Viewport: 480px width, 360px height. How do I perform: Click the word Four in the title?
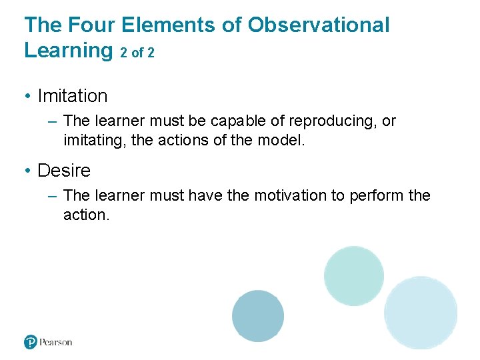click(x=86, y=25)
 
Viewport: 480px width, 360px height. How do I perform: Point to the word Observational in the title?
click(x=319, y=25)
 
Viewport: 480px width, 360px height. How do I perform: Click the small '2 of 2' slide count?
click(x=137, y=53)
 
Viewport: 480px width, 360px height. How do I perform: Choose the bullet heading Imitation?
click(x=73, y=96)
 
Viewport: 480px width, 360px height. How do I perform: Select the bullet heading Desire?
click(x=64, y=171)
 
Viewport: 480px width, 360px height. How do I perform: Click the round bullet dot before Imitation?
click(x=27, y=97)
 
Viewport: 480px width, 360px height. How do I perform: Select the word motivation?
click(x=291, y=196)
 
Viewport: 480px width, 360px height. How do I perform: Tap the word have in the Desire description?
click(x=205, y=196)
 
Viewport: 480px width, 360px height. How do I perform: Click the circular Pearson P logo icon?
click(x=31, y=342)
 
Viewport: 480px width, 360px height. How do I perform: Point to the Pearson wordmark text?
click(x=56, y=342)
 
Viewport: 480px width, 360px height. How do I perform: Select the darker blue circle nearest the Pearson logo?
click(x=258, y=316)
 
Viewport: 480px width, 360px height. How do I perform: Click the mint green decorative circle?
click(x=354, y=275)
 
